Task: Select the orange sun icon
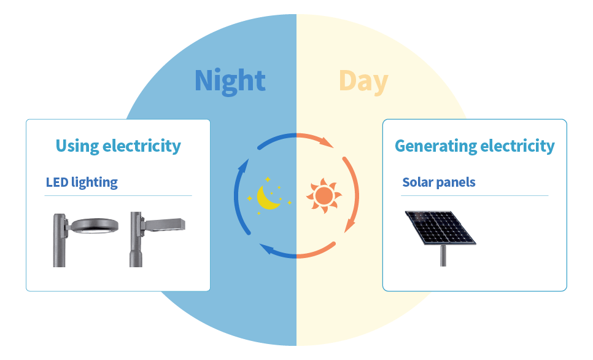pyautogui.click(x=324, y=195)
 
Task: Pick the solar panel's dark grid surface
pyautogui.click(x=440, y=227)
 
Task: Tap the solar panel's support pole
pyautogui.click(x=443, y=256)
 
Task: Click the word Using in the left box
pyautogui.click(x=77, y=146)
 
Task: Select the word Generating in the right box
pyautogui.click(x=435, y=146)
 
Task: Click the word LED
pyautogui.click(x=57, y=182)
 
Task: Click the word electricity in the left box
pyautogui.click(x=141, y=146)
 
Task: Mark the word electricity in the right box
pyautogui.click(x=517, y=146)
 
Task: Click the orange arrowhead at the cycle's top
pyautogui.click(x=326, y=142)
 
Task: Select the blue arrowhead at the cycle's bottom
pyautogui.click(x=268, y=249)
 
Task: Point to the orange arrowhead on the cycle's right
pyautogui.click(x=349, y=225)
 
